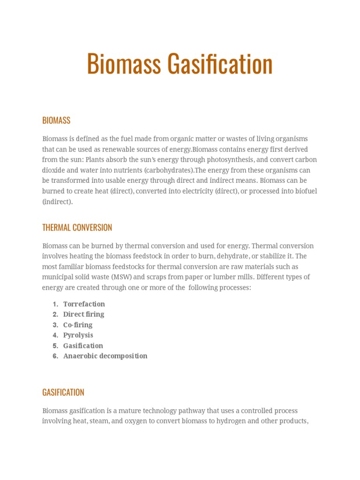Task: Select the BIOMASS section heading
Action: [56, 120]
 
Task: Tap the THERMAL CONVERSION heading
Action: [77, 228]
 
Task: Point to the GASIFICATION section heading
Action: [63, 392]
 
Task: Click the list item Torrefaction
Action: [84, 304]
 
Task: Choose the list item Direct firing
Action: [83, 314]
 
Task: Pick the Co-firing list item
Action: [78, 325]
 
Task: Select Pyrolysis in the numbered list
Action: [78, 335]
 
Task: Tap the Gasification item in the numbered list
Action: [83, 345]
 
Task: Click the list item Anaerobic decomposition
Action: [105, 356]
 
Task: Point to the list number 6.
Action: [55, 356]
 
